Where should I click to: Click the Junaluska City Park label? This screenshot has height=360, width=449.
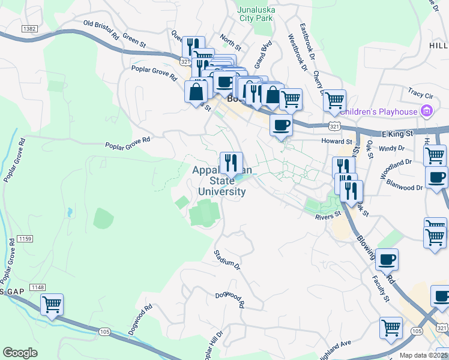(255, 14)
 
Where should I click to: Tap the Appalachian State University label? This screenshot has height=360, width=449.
(220, 181)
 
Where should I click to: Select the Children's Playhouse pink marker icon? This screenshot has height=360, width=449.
(427, 111)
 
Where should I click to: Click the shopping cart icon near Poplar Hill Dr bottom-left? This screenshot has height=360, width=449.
(52, 304)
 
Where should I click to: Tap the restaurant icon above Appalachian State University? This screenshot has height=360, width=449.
(231, 162)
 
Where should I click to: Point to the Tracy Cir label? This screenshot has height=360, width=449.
(420, 95)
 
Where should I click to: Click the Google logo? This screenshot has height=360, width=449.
(20, 353)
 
